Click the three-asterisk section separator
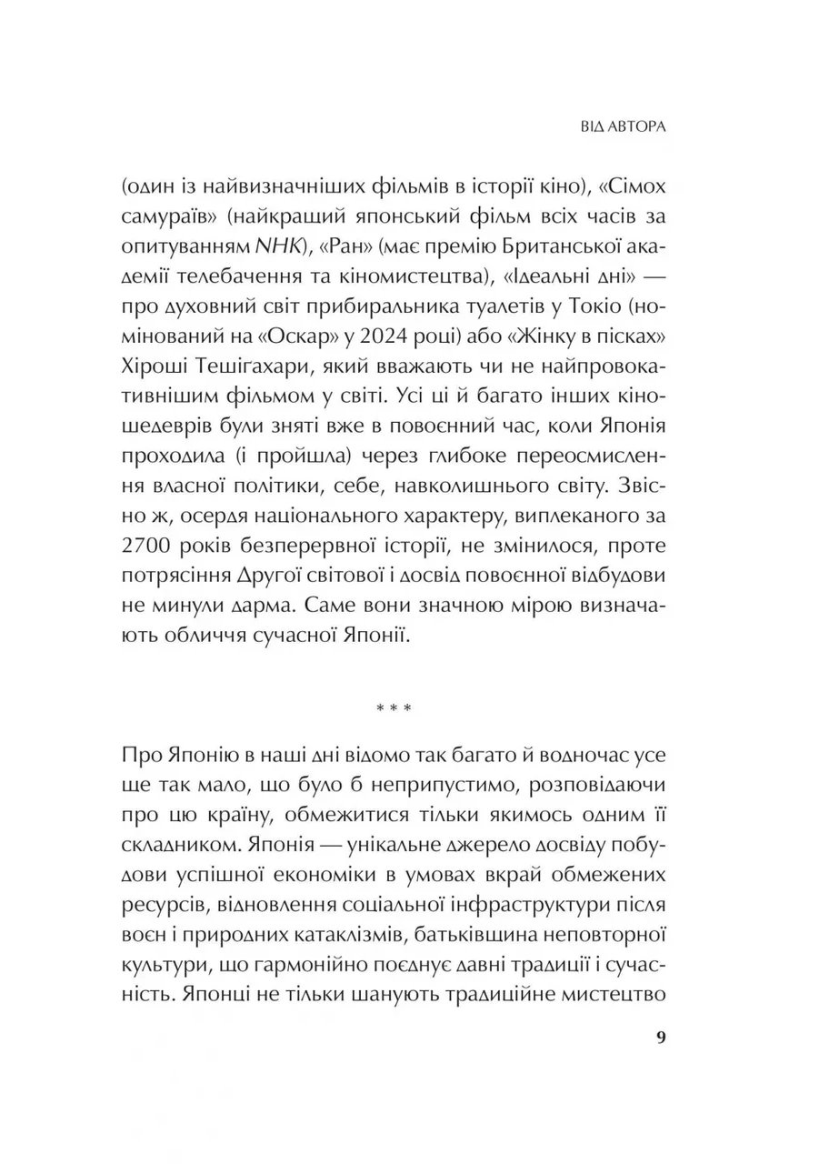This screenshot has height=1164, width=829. click(414, 705)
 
